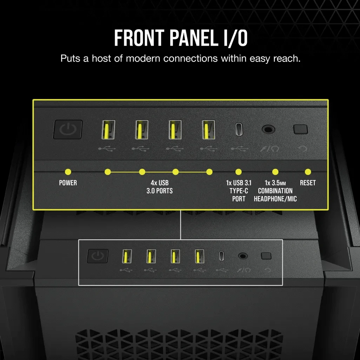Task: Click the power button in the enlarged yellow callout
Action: click(x=68, y=129)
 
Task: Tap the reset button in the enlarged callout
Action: click(x=301, y=129)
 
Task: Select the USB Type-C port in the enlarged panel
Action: click(x=239, y=129)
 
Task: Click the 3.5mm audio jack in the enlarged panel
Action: click(x=268, y=129)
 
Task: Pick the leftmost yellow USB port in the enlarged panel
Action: click(x=108, y=130)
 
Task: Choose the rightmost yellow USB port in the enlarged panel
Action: click(x=208, y=130)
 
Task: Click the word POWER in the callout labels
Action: click(x=68, y=183)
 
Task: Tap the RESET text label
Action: click(x=308, y=183)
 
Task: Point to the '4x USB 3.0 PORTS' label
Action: click(x=160, y=187)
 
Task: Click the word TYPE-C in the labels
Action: click(x=239, y=191)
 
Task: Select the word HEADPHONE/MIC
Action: click(x=275, y=199)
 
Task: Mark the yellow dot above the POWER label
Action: click(x=68, y=172)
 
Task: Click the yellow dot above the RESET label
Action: click(x=308, y=172)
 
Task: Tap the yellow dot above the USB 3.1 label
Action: click(x=239, y=172)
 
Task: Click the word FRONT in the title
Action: click(x=139, y=38)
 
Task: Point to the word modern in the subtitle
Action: click(x=143, y=58)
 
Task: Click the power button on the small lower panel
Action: click(x=98, y=256)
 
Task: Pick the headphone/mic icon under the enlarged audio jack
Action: click(x=269, y=149)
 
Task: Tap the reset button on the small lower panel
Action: click(x=266, y=256)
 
